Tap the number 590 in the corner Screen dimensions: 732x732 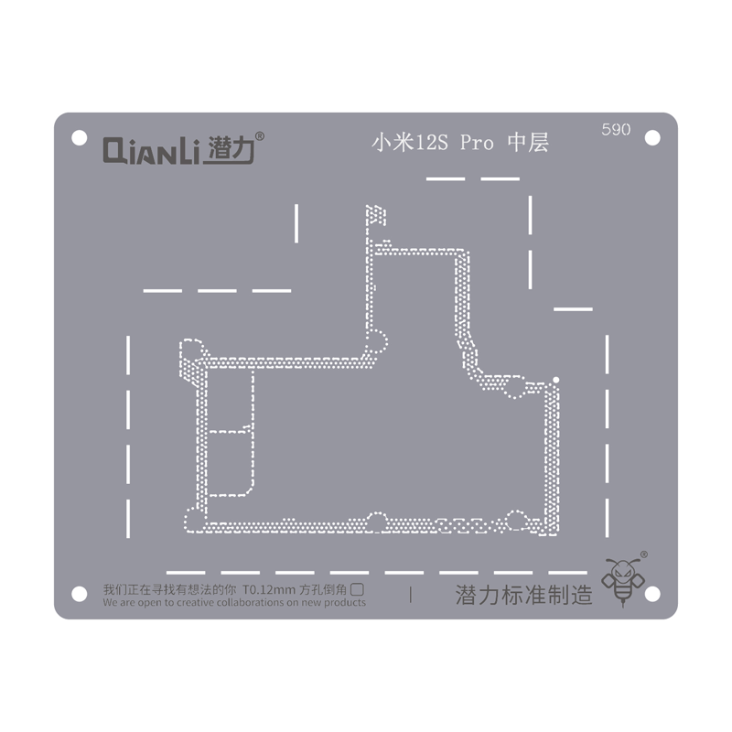pyautogui.click(x=616, y=130)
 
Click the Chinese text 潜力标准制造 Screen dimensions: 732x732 pyautogui.click(x=524, y=596)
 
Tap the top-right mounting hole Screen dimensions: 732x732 pyautogui.click(x=652, y=137)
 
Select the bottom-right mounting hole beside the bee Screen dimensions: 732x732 pyautogui.click(x=652, y=594)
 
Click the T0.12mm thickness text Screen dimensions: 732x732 pyautogui.click(x=270, y=590)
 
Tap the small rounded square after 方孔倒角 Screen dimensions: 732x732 pyautogui.click(x=359, y=590)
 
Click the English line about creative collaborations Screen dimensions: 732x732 pyautogui.click(x=234, y=603)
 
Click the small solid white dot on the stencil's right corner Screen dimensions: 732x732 pyautogui.click(x=555, y=379)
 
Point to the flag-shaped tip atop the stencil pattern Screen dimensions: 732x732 pyautogui.click(x=376, y=217)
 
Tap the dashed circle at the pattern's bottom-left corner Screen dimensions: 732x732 pyautogui.click(x=194, y=519)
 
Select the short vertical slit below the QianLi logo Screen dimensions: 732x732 pyautogui.click(x=296, y=223)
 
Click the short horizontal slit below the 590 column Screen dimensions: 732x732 pyautogui.click(x=573, y=309)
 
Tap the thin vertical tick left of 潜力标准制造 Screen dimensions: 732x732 pyautogui.click(x=411, y=595)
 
